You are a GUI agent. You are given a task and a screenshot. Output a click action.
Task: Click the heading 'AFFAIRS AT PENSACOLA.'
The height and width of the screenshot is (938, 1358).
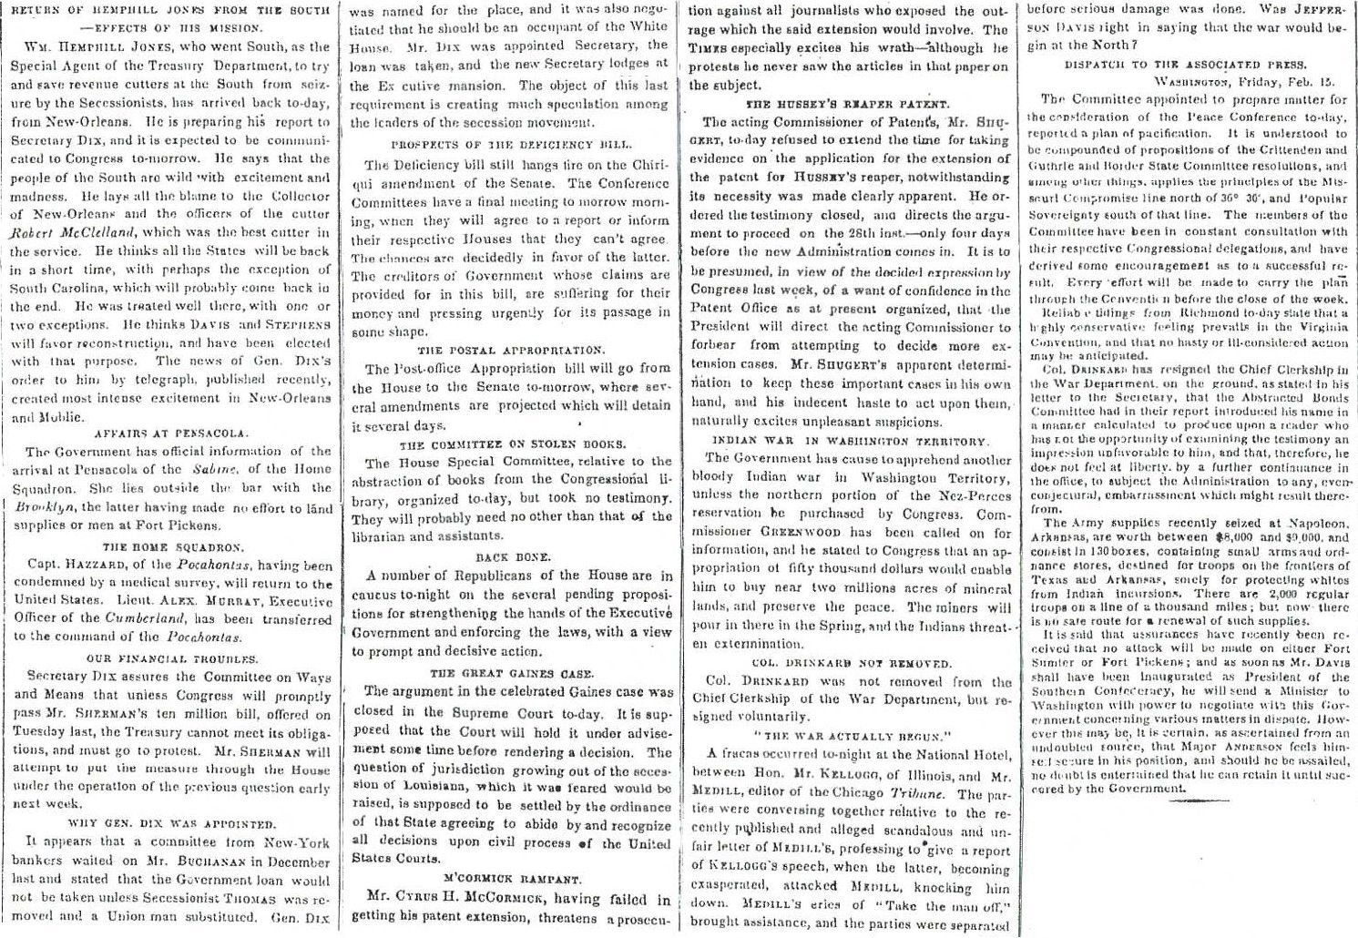point(171,433)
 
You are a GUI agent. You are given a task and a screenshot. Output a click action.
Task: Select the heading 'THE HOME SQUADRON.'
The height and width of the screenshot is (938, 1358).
point(172,547)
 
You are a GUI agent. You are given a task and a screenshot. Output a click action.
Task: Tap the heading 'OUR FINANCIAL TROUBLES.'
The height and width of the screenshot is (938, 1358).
point(171,658)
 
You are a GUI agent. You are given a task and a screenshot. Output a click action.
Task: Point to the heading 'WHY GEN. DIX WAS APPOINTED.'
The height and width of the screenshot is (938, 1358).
point(171,823)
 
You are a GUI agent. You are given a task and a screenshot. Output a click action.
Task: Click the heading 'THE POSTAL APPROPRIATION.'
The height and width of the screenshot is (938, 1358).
point(510,350)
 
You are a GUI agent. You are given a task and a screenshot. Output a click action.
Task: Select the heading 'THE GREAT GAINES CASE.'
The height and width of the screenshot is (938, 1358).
point(511,673)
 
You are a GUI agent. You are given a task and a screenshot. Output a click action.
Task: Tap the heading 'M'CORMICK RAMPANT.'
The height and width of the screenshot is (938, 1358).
point(511,879)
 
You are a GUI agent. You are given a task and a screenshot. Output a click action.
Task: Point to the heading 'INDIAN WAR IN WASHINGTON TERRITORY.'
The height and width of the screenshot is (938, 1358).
point(849,441)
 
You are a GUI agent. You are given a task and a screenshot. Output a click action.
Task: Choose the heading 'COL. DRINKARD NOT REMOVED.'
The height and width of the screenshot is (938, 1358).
point(851,663)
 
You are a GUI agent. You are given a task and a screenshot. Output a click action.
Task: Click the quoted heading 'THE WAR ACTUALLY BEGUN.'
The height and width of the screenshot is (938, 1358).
point(851,736)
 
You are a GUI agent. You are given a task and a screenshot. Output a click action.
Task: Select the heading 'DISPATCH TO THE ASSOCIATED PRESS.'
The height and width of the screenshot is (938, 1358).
point(1185,65)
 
